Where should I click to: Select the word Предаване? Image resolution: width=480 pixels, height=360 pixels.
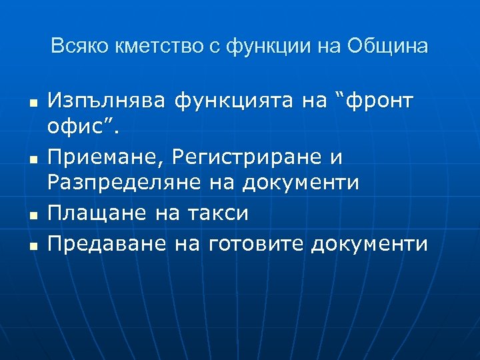click(107, 244)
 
